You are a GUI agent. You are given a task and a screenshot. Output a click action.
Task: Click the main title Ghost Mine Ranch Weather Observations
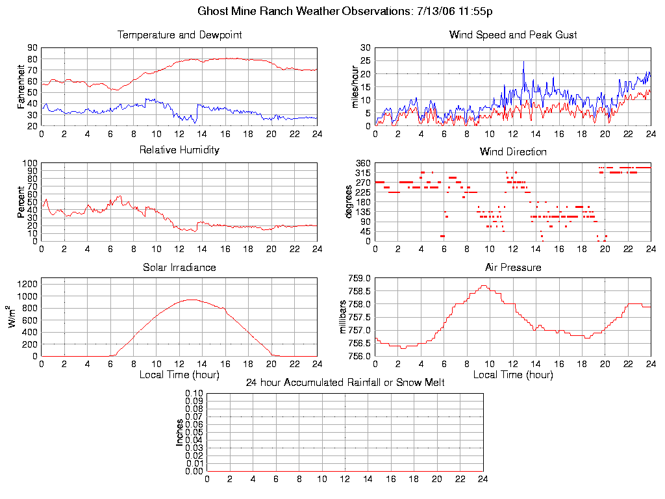[345, 11]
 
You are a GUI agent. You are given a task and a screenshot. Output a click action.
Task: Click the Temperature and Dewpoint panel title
[179, 34]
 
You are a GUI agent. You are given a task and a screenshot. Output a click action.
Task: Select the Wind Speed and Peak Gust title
[513, 34]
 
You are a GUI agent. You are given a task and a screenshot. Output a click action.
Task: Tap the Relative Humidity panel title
[179, 150]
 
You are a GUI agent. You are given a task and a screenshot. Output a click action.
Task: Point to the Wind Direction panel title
[513, 151]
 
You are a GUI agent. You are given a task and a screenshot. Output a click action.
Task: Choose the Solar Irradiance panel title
[179, 267]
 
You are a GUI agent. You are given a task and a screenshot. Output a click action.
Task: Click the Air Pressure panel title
[513, 267]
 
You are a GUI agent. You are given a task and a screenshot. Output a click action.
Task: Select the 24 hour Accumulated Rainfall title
[345, 383]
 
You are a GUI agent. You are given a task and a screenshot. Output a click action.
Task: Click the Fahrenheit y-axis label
[21, 86]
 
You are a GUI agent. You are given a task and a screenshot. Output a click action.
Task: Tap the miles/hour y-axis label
[355, 86]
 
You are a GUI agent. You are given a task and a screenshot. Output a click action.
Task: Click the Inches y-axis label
[180, 432]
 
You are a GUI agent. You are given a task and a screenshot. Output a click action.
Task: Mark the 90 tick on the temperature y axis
[32, 48]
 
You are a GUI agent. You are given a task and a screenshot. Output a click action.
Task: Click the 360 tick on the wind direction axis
[362, 163]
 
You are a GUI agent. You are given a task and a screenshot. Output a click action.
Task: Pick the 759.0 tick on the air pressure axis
[360, 278]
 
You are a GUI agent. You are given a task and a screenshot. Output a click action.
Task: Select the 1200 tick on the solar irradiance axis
[28, 284]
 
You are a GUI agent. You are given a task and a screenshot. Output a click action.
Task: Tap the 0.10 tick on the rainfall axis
[194, 394]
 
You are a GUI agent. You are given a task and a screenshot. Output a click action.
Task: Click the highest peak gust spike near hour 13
[523, 62]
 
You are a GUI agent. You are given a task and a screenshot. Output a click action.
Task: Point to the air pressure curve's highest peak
[483, 285]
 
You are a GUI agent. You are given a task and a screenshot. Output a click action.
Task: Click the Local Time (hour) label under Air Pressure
[513, 375]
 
